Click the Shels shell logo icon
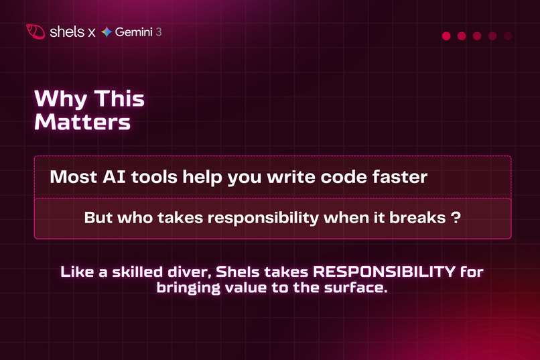(x=36, y=32)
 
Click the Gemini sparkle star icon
(x=107, y=32)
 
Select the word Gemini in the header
(x=133, y=32)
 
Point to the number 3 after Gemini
(x=158, y=32)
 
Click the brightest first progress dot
(x=446, y=36)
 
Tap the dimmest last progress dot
(x=508, y=36)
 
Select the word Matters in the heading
(x=82, y=122)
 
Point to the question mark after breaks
(x=456, y=219)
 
